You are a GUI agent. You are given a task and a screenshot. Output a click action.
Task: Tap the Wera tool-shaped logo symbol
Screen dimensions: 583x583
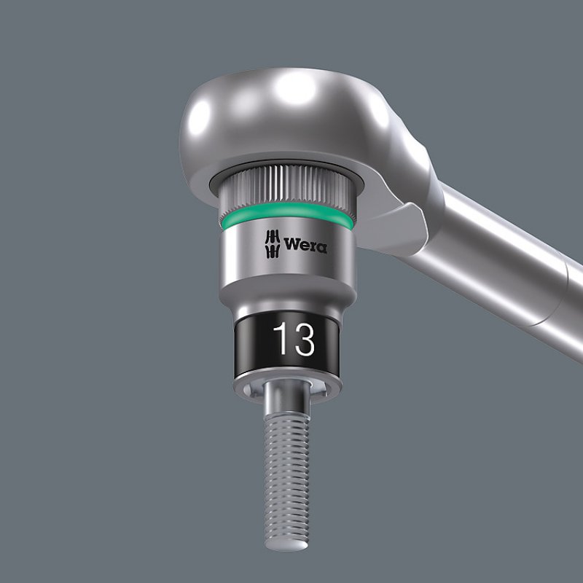click(271, 244)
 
